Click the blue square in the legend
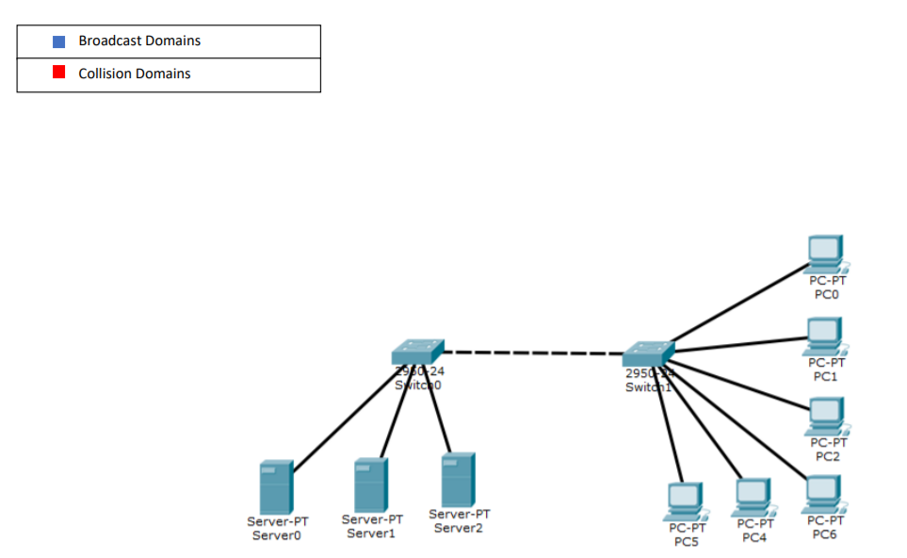click(x=58, y=41)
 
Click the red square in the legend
click(x=58, y=73)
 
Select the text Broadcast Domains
click(x=139, y=41)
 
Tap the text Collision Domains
click(x=135, y=74)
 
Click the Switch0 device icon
click(x=417, y=353)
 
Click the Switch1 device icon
click(x=648, y=353)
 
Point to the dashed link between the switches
click(x=532, y=353)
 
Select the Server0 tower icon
click(x=276, y=486)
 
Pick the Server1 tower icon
click(x=370, y=484)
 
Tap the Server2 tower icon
click(x=458, y=479)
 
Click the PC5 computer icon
click(x=685, y=501)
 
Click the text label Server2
click(x=459, y=528)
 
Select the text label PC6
click(x=826, y=534)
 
